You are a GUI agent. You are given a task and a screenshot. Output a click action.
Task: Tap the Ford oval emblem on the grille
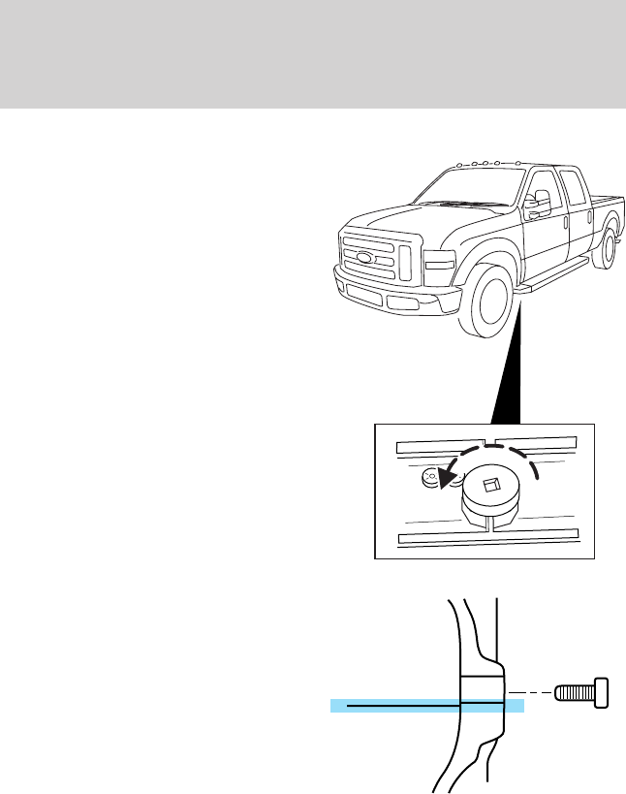click(x=364, y=258)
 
